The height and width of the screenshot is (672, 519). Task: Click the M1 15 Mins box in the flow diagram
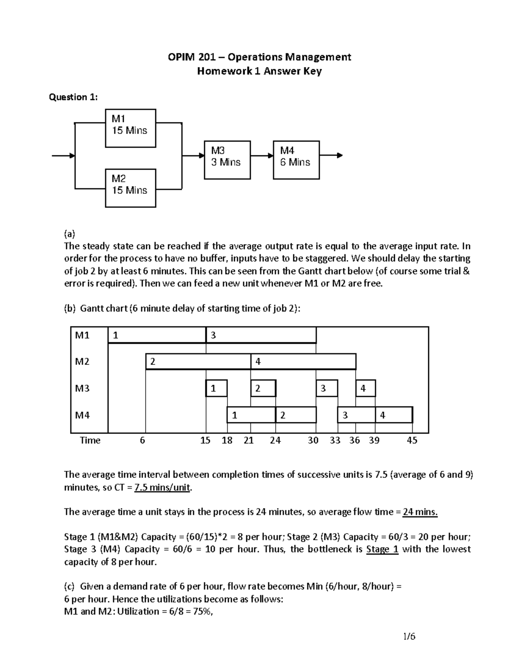[x=131, y=128]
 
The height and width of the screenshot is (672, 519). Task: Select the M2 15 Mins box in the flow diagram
[x=131, y=188]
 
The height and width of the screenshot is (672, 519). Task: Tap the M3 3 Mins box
[x=227, y=160]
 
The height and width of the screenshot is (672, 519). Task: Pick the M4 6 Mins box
[x=296, y=160]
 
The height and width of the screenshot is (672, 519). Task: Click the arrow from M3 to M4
[x=262, y=155]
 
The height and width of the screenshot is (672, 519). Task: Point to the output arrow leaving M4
[x=331, y=155]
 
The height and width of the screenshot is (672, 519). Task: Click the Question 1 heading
[x=73, y=97]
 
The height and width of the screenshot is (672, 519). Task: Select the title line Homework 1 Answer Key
[x=259, y=71]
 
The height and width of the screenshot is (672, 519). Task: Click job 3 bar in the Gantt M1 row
[x=261, y=335]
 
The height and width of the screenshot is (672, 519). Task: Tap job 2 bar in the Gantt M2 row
[x=198, y=362]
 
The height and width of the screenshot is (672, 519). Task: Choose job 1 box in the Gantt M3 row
[x=216, y=389]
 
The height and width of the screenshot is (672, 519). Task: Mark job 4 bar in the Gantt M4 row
[x=394, y=415]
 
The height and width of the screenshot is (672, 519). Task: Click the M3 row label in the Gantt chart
[x=82, y=389]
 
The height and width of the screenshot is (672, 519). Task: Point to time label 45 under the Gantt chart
[x=412, y=440]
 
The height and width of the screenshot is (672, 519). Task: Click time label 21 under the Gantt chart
[x=248, y=440]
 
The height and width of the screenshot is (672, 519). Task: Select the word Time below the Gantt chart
[x=90, y=440]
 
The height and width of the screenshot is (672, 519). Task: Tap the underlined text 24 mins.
[x=420, y=512]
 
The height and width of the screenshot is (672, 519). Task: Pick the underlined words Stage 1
[x=382, y=550]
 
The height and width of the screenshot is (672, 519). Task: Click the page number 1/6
[x=409, y=637]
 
